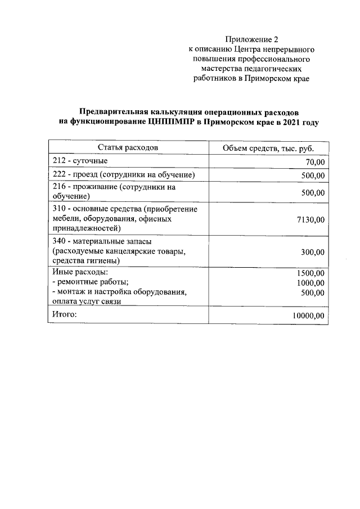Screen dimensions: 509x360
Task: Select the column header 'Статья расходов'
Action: tap(128, 147)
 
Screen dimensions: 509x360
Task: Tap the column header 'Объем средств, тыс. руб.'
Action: tap(268, 148)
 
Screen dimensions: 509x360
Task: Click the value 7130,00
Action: tap(310, 219)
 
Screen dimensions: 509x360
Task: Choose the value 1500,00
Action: tap(310, 273)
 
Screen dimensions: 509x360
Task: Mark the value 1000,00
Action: tap(310, 283)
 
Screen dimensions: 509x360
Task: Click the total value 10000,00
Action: tap(308, 316)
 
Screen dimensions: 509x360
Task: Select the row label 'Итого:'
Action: tap(64, 314)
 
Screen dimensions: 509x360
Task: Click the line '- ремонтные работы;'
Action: tap(90, 282)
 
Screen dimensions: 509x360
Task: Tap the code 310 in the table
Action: tap(58, 209)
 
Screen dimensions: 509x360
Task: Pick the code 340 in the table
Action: tap(58, 241)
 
